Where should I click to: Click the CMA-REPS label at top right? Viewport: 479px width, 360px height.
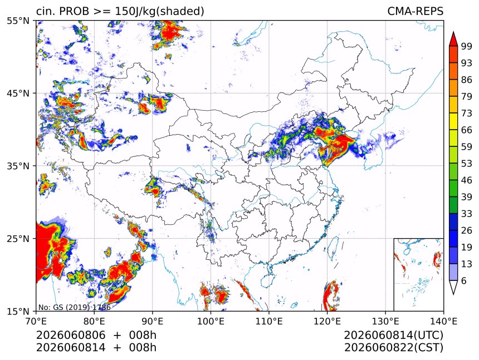click(x=415, y=11)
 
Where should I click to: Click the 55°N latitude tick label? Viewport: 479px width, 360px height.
click(x=18, y=21)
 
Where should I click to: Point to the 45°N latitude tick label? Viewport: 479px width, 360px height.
click(x=18, y=93)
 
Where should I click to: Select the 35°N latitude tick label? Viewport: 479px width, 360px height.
click(x=18, y=166)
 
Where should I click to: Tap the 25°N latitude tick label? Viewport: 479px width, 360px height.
click(x=18, y=239)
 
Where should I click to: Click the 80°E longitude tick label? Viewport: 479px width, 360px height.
click(x=94, y=321)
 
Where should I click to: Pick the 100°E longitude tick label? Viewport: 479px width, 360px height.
click(x=211, y=321)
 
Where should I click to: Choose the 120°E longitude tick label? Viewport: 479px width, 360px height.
click(x=327, y=321)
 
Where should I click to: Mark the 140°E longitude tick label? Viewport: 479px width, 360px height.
click(x=443, y=321)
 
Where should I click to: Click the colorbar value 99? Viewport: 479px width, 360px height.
click(x=467, y=46)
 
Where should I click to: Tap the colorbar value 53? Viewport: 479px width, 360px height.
click(x=467, y=164)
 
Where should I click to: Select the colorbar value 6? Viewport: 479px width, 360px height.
click(x=464, y=280)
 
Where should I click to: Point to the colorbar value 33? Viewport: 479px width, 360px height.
click(x=467, y=214)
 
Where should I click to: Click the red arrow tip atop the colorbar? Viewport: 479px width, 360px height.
click(x=453, y=32)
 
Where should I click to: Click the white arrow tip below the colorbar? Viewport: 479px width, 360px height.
click(x=453, y=294)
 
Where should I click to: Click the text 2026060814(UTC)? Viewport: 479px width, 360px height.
click(x=393, y=335)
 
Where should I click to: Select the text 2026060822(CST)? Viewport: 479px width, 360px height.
click(x=393, y=348)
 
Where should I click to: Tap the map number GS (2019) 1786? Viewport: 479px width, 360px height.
click(x=75, y=307)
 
